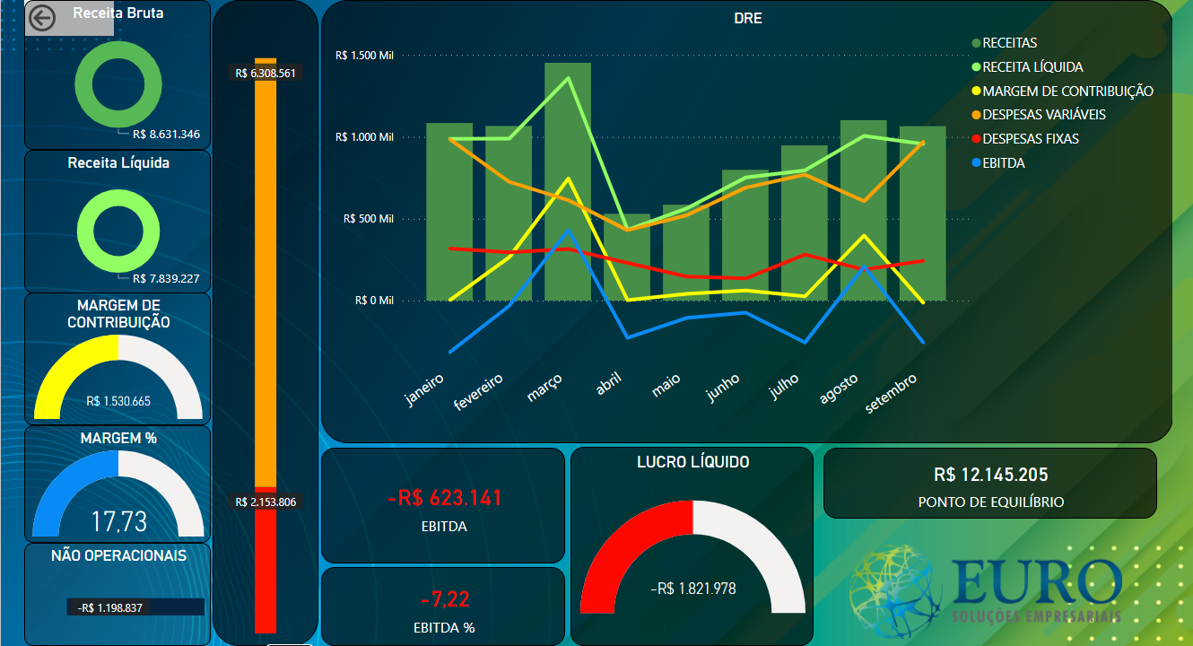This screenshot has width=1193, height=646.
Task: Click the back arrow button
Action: point(42,18)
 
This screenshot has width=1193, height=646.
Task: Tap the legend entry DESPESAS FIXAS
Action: point(1031,139)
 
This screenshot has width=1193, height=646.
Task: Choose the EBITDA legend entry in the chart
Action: point(1003,163)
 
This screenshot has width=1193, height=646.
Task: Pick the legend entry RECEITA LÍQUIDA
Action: point(1032,67)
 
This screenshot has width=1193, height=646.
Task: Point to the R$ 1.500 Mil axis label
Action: point(363,56)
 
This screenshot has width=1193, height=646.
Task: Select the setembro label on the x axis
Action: point(892,394)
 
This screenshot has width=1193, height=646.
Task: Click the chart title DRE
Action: point(748,18)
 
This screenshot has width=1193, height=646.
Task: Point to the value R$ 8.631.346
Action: point(166,135)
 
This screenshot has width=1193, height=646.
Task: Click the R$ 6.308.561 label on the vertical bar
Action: point(266,74)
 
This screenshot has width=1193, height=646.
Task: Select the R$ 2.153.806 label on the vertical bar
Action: point(266,502)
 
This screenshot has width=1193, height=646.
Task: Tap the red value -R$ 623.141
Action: point(444,498)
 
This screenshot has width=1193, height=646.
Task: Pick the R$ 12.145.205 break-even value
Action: point(990,475)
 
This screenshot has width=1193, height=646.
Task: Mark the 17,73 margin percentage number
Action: point(119,521)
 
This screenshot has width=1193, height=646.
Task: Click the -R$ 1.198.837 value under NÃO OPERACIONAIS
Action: point(110,607)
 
